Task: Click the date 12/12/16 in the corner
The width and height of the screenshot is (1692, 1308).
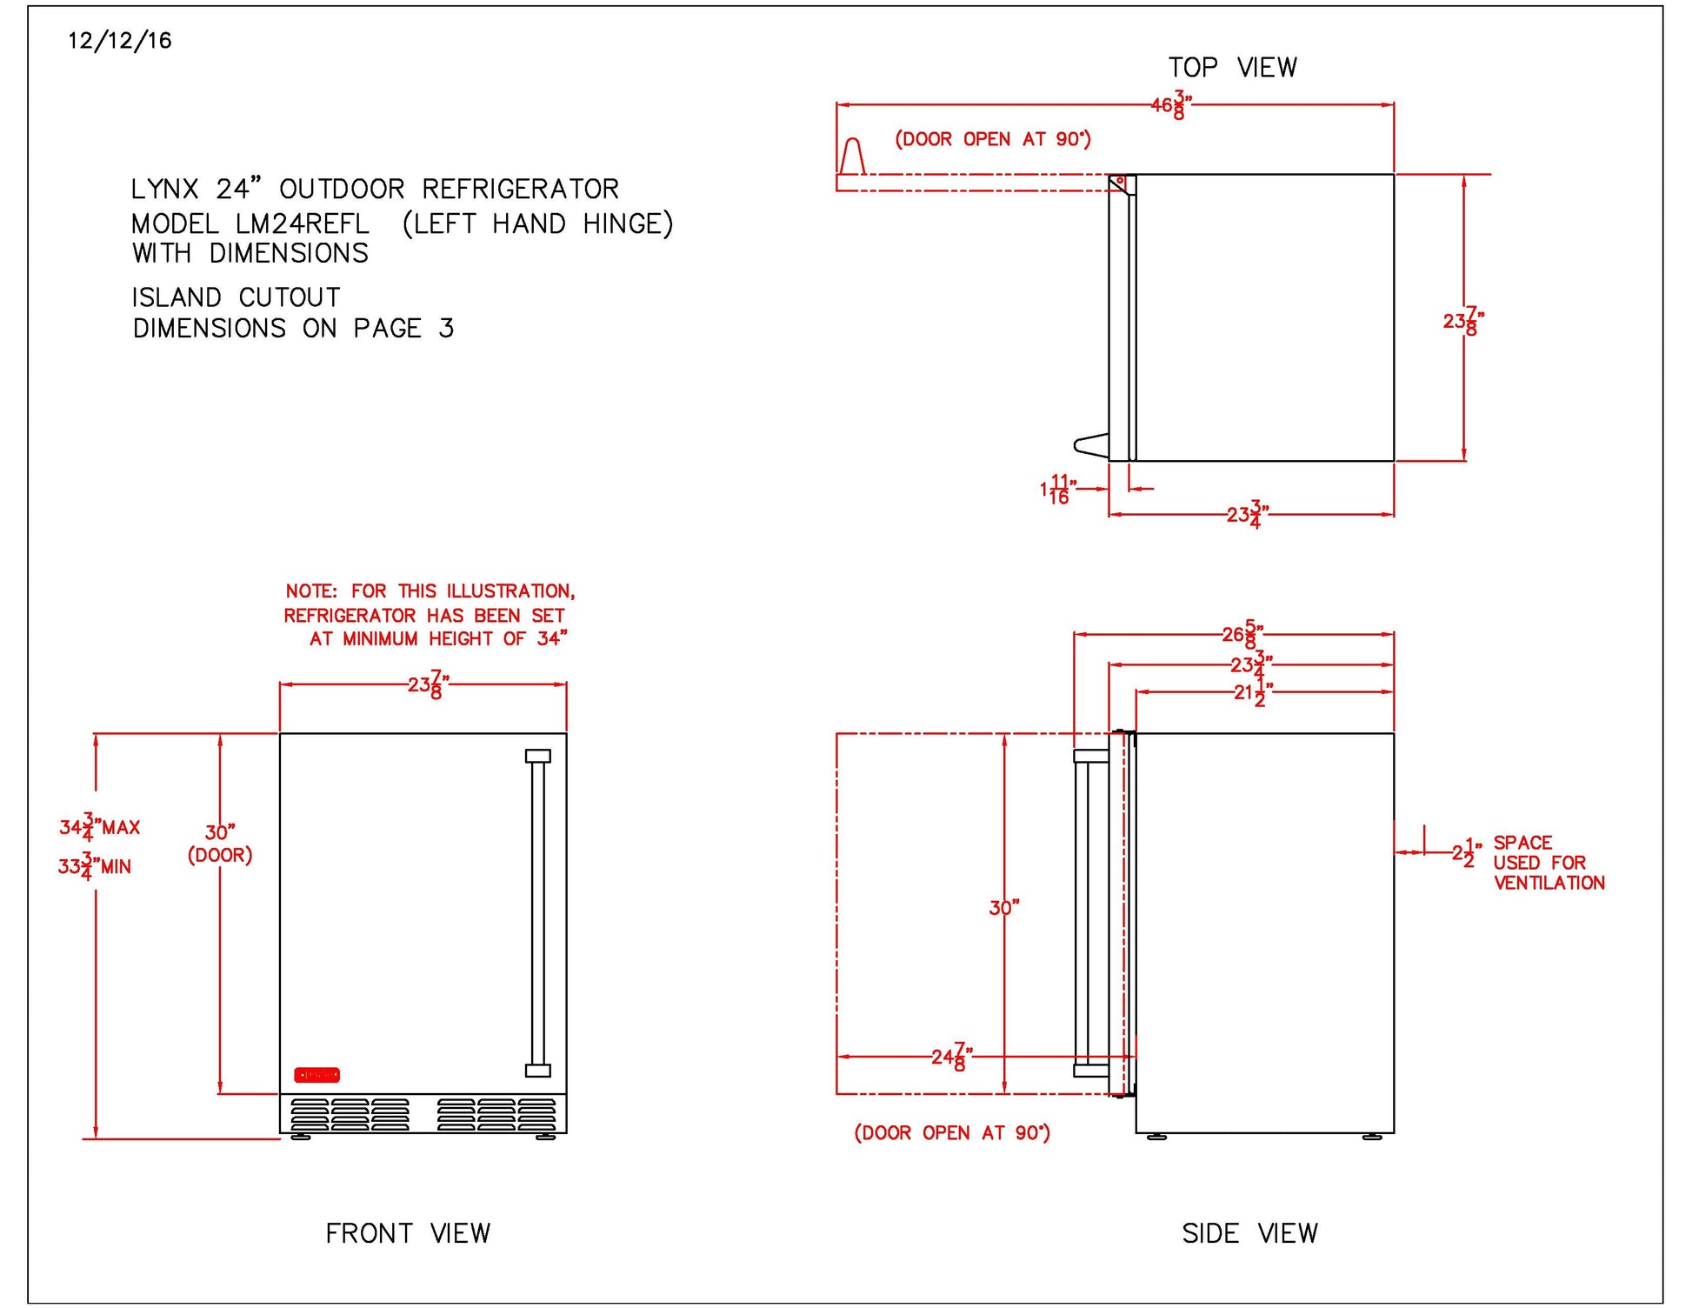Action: click(120, 41)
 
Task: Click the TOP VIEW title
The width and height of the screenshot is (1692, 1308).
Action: click(1232, 68)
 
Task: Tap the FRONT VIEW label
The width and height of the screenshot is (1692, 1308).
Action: click(408, 1233)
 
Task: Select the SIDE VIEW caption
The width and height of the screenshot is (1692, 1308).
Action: click(1249, 1233)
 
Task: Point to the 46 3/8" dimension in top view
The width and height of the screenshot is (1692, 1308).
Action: click(1170, 105)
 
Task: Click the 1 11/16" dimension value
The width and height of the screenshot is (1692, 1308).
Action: click(1057, 490)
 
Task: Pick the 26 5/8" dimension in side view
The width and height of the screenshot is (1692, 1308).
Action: click(1242, 635)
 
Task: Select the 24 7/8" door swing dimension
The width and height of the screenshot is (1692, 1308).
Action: click(951, 1058)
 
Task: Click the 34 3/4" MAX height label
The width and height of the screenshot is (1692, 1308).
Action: click(99, 827)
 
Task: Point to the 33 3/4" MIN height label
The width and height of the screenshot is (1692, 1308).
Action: click(94, 866)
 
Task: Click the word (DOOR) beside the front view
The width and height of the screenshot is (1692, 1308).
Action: click(220, 856)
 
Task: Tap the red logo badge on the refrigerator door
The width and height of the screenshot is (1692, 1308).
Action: click(316, 1075)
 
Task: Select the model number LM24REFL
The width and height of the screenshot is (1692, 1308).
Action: click(302, 224)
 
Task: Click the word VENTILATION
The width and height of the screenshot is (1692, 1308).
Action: click(1549, 884)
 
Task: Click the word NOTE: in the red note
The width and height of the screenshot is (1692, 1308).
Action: click(311, 591)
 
